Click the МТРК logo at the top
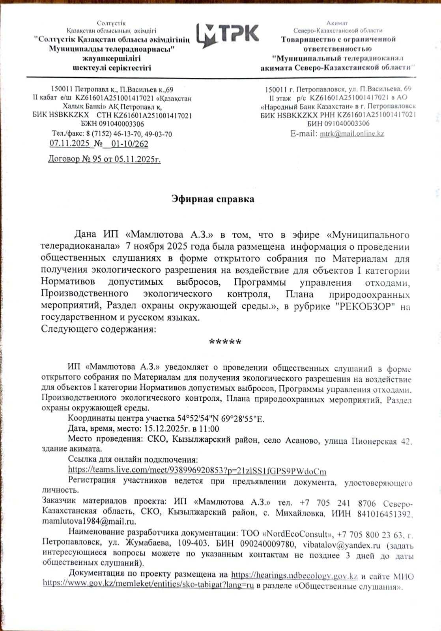tap(228, 34)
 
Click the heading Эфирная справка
tap(213, 199)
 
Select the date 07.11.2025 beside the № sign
tap(69, 144)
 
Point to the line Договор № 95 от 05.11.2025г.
tap(104, 159)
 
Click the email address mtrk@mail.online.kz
tap(352, 134)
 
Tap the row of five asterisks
tap(225, 342)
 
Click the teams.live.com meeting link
tap(197, 470)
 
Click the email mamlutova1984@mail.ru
tap(89, 521)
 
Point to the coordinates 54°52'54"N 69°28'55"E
tap(220, 419)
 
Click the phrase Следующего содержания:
tap(99, 329)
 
